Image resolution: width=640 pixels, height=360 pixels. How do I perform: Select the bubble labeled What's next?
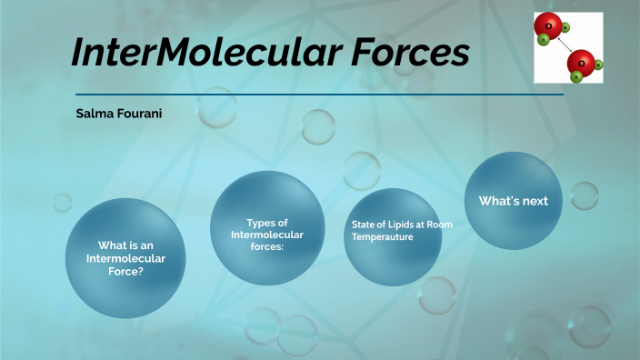click(x=513, y=200)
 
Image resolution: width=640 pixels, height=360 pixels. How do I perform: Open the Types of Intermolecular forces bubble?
click(x=267, y=227)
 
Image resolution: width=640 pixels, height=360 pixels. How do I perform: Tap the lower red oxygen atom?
click(x=581, y=63)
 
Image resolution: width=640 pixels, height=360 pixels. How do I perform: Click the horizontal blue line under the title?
click(x=318, y=94)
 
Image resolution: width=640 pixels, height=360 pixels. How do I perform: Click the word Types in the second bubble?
click(x=260, y=223)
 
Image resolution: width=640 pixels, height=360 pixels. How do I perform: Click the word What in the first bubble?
click(x=112, y=245)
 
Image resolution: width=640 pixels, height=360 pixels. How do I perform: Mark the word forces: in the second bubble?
click(x=267, y=246)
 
